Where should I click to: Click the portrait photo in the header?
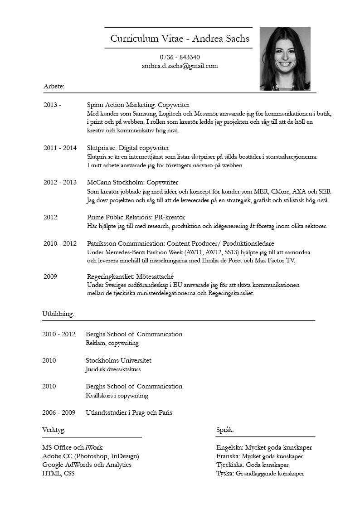[x=285, y=59]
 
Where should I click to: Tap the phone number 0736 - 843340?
[x=180, y=57]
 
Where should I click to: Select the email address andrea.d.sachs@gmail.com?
[x=180, y=66]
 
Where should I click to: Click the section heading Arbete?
[x=54, y=86]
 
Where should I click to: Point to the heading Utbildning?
[x=58, y=314]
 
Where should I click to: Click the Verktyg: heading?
[x=54, y=430]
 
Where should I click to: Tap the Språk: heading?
[x=225, y=430]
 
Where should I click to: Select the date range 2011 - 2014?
[x=60, y=148]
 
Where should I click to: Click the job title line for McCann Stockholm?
[x=132, y=182]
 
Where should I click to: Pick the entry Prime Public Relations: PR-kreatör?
[x=136, y=217]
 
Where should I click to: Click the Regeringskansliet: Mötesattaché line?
[x=131, y=276]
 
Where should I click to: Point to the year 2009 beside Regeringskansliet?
[x=50, y=276]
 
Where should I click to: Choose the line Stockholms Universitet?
[x=118, y=360]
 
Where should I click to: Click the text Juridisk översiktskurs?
[x=113, y=369]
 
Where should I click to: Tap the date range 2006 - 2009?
[x=58, y=412]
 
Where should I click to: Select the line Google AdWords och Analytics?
[x=87, y=465]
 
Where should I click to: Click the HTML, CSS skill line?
[x=58, y=473]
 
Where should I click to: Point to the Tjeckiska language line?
[x=253, y=465]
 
